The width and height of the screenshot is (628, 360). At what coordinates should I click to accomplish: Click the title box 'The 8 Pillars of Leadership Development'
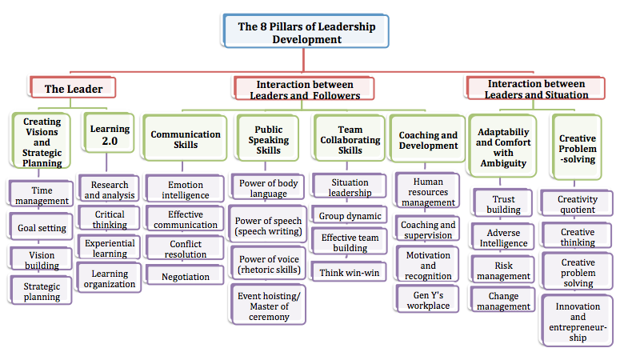(306, 32)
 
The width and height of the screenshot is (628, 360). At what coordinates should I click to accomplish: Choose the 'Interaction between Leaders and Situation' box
(537, 89)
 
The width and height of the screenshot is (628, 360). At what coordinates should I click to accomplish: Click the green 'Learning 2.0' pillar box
(104, 134)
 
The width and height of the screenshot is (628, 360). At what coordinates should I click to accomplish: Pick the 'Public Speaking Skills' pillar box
(268, 140)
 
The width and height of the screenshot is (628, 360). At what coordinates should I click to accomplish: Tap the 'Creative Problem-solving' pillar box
(577, 148)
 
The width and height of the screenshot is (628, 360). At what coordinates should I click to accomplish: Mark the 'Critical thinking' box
(110, 220)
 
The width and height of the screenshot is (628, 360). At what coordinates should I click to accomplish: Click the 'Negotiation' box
(185, 277)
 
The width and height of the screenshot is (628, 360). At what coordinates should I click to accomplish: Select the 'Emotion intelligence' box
(185, 190)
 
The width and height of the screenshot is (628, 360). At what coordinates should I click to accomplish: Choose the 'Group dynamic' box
(349, 216)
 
